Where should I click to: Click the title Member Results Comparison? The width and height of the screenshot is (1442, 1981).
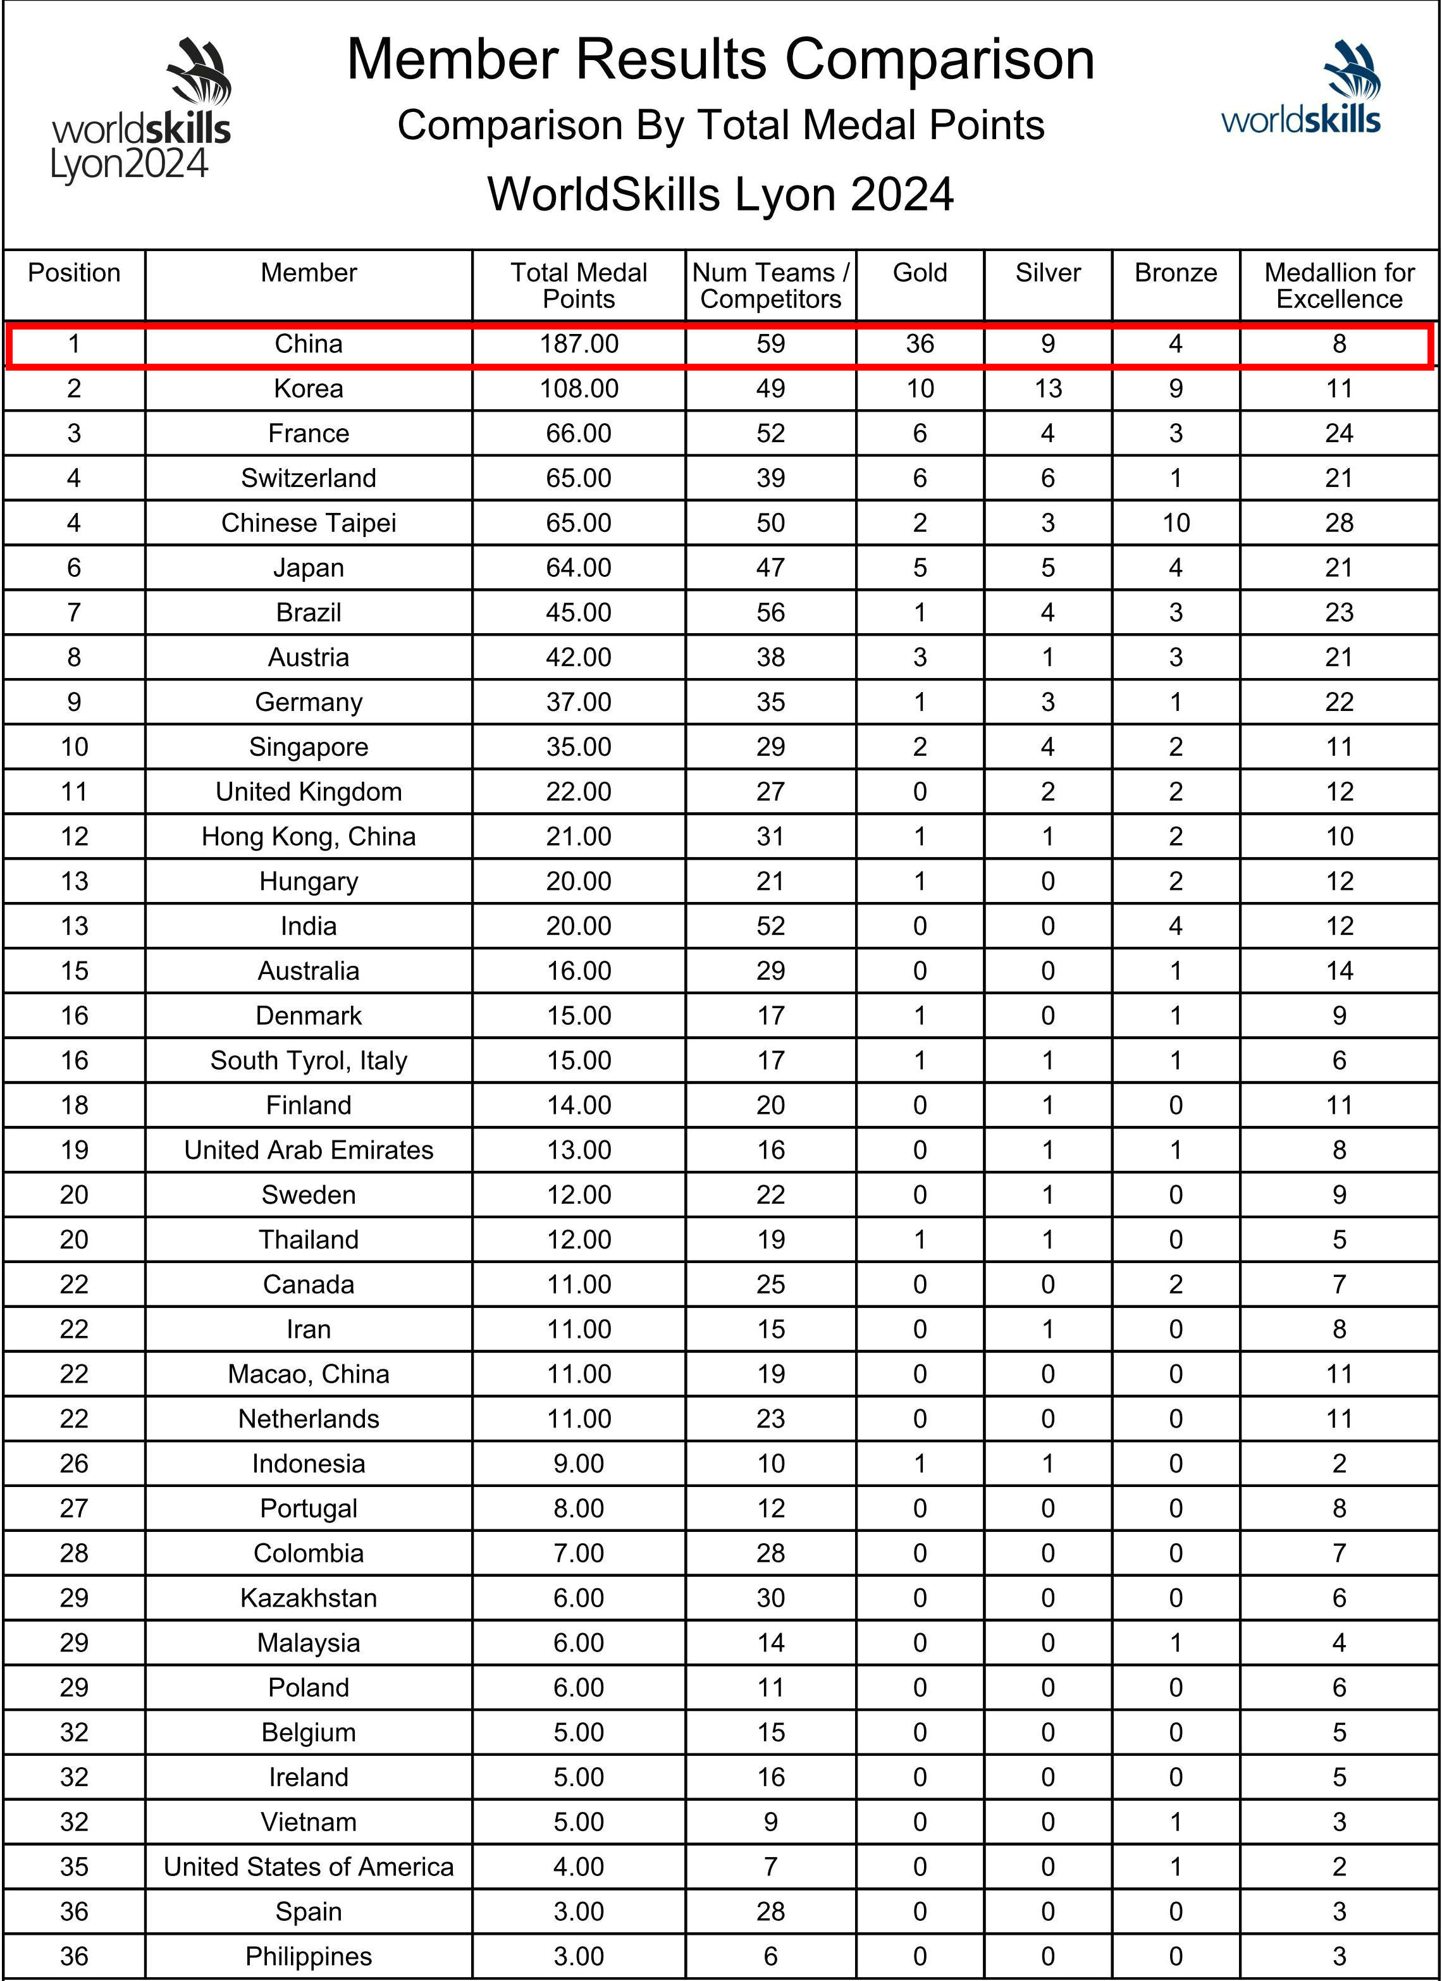(x=720, y=59)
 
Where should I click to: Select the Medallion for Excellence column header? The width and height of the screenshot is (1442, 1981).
(x=1339, y=286)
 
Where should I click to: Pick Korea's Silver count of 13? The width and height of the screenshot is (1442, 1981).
(x=1047, y=389)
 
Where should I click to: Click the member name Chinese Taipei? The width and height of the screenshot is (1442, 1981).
(x=308, y=523)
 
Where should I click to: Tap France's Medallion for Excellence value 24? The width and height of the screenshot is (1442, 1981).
(x=1339, y=433)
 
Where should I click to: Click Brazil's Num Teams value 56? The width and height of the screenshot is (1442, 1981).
(x=770, y=612)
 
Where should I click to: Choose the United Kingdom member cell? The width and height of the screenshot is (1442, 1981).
(x=308, y=791)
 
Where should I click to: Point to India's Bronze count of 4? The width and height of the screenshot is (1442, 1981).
(x=1176, y=926)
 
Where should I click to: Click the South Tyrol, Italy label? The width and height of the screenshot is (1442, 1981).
(x=308, y=1060)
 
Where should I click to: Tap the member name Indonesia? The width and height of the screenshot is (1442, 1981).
(x=308, y=1464)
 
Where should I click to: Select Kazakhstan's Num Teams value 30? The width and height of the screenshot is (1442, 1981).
(x=770, y=1598)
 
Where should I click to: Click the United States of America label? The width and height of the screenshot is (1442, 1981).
(x=308, y=1867)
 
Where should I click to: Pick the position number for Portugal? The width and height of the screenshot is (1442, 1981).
(x=74, y=1509)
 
